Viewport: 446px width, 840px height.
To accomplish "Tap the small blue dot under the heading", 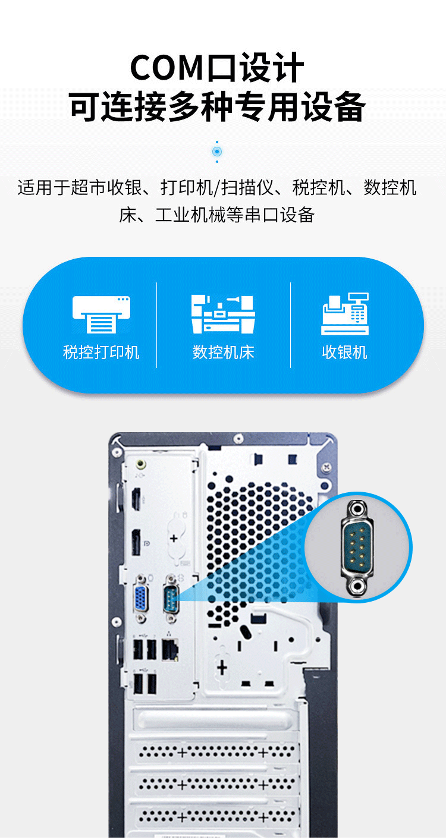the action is pos(217,152).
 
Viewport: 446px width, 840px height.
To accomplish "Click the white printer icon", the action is pos(101,314).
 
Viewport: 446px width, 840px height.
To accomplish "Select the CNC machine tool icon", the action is pos(223,314).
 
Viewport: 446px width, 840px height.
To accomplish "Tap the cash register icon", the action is pos(345,313).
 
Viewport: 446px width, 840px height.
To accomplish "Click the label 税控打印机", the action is pos(101,352).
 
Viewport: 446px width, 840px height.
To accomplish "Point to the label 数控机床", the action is pos(223,352).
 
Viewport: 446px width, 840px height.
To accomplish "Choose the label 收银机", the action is pos(345,352).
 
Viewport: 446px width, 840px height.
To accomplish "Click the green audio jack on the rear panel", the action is pos(141,464).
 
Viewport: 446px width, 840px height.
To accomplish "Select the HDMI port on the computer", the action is pos(136,499).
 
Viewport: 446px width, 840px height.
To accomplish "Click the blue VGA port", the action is pos(141,597).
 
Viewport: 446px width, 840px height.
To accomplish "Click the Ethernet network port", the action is pos(170,650).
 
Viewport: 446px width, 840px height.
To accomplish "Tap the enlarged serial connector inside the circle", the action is pos(357,548).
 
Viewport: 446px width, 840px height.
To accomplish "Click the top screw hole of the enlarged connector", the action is pos(356,509).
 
